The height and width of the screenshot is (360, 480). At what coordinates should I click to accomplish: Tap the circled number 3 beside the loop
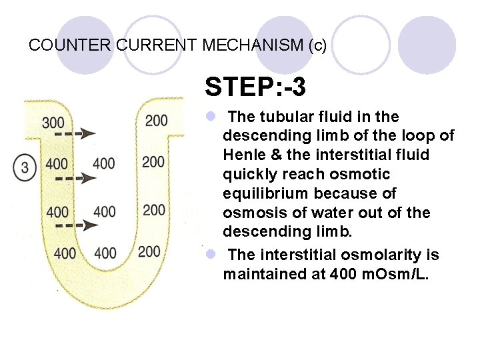tap(25, 165)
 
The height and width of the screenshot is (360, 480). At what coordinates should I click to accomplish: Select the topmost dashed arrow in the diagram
tap(75, 134)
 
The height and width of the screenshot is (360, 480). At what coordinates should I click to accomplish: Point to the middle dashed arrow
tap(75, 179)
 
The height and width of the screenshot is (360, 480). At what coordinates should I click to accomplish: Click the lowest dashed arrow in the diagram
tap(75, 225)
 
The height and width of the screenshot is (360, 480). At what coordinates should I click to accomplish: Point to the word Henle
tap(244, 155)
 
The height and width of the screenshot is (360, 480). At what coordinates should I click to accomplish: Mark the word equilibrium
tap(259, 193)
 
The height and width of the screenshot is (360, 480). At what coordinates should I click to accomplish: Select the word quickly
tap(249, 174)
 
